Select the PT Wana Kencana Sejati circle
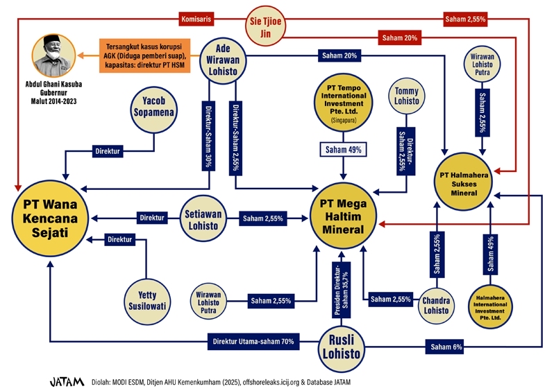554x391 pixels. click(x=49, y=217)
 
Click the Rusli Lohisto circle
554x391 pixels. click(x=341, y=347)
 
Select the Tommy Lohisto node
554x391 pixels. click(x=407, y=95)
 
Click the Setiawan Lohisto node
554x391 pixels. click(x=204, y=218)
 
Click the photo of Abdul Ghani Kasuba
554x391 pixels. click(x=53, y=56)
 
